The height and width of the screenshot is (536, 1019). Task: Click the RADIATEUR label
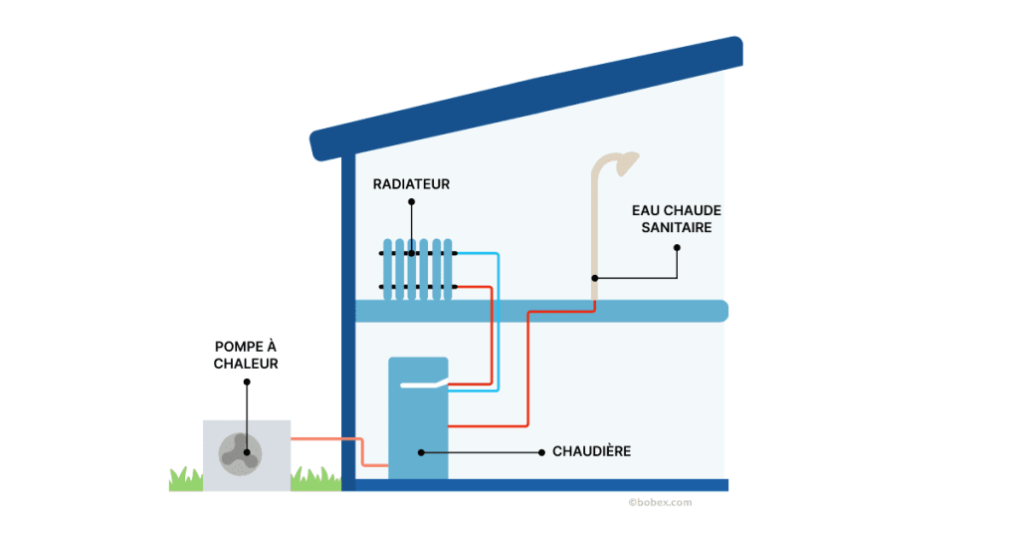pyautogui.click(x=411, y=184)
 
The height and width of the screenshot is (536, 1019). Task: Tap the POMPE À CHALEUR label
pyautogui.click(x=246, y=355)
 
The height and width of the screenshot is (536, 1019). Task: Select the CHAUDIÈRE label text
pyautogui.click(x=591, y=451)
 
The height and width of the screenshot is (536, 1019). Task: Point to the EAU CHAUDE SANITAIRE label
pyautogui.click(x=677, y=219)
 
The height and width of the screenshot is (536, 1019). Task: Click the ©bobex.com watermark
pyautogui.click(x=660, y=503)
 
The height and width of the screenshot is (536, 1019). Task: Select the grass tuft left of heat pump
pyautogui.click(x=185, y=480)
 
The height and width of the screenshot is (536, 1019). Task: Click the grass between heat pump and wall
pyautogui.click(x=315, y=479)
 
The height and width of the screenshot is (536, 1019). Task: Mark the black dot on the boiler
pyautogui.click(x=421, y=452)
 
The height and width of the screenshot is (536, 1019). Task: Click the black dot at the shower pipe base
pyautogui.click(x=594, y=277)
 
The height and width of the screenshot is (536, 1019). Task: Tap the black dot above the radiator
pyautogui.click(x=411, y=201)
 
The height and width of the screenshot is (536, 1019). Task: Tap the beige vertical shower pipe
pyautogui.click(x=595, y=229)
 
